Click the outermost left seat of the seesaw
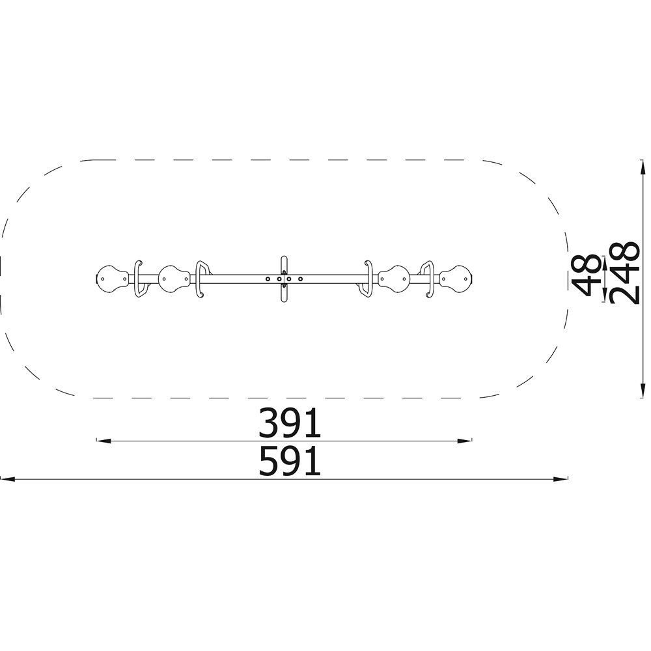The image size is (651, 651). (112, 279)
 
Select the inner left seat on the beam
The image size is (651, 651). (174, 279)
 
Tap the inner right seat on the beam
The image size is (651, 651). (394, 279)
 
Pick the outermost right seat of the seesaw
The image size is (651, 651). (456, 279)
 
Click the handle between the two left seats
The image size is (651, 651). (139, 279)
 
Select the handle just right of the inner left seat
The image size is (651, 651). (202, 279)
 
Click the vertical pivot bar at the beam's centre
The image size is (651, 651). (284, 279)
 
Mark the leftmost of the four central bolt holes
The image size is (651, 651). (268, 279)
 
